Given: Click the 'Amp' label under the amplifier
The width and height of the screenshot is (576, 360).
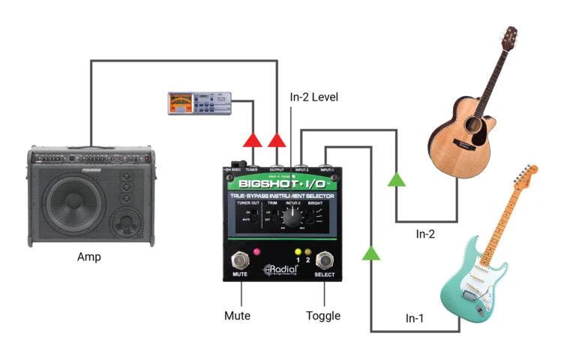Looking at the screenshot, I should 89,257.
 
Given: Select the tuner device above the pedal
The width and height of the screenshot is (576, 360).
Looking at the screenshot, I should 200,103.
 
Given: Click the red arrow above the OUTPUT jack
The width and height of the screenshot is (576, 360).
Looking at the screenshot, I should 277,140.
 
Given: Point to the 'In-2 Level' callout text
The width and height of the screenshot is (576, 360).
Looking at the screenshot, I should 314,97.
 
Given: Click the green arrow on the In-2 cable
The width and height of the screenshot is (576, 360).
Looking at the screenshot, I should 396,178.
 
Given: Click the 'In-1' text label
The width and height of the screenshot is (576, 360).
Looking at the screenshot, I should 415,318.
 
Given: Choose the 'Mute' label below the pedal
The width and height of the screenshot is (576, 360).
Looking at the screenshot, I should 238,316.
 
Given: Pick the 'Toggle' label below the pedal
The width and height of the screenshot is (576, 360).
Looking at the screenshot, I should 323,316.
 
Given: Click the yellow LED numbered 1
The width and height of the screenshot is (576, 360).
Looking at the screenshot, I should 298,251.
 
